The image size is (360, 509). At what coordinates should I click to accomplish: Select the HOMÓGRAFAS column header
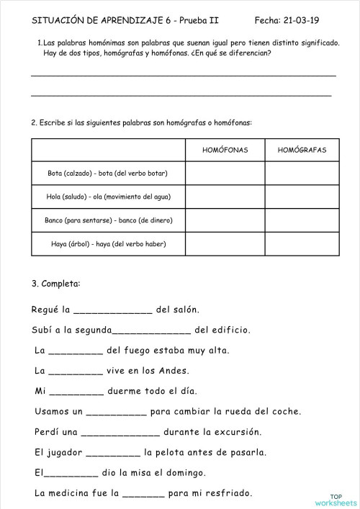coord(302,150)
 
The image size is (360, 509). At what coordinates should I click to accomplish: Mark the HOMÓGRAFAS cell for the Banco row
coord(302,220)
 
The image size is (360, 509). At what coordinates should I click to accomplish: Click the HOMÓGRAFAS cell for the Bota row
coord(302,174)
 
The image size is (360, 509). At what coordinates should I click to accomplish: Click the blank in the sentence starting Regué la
coord(113,310)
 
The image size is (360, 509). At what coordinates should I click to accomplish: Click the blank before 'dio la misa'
coord(71,474)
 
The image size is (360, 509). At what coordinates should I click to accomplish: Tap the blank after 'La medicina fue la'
coord(138,494)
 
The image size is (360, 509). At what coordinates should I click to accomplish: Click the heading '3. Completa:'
coord(56,284)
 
